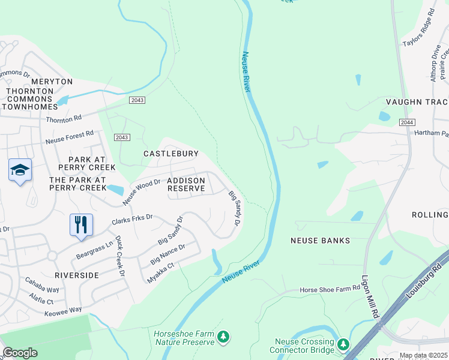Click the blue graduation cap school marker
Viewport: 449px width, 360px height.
click(20, 170)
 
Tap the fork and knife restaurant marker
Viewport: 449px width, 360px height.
click(80, 225)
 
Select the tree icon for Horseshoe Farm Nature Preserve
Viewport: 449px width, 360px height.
click(223, 337)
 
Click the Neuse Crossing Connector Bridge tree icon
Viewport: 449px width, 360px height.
click(343, 344)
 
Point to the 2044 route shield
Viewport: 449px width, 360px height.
click(407, 122)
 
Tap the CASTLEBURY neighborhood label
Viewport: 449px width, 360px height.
click(170, 154)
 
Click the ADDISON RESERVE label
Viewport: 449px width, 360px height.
click(186, 184)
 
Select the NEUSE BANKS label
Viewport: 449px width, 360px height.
click(319, 241)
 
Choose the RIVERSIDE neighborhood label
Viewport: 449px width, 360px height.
click(76, 275)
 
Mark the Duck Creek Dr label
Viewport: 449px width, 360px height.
click(120, 256)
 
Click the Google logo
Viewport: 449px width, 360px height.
click(20, 353)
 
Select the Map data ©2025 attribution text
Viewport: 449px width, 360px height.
click(423, 355)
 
